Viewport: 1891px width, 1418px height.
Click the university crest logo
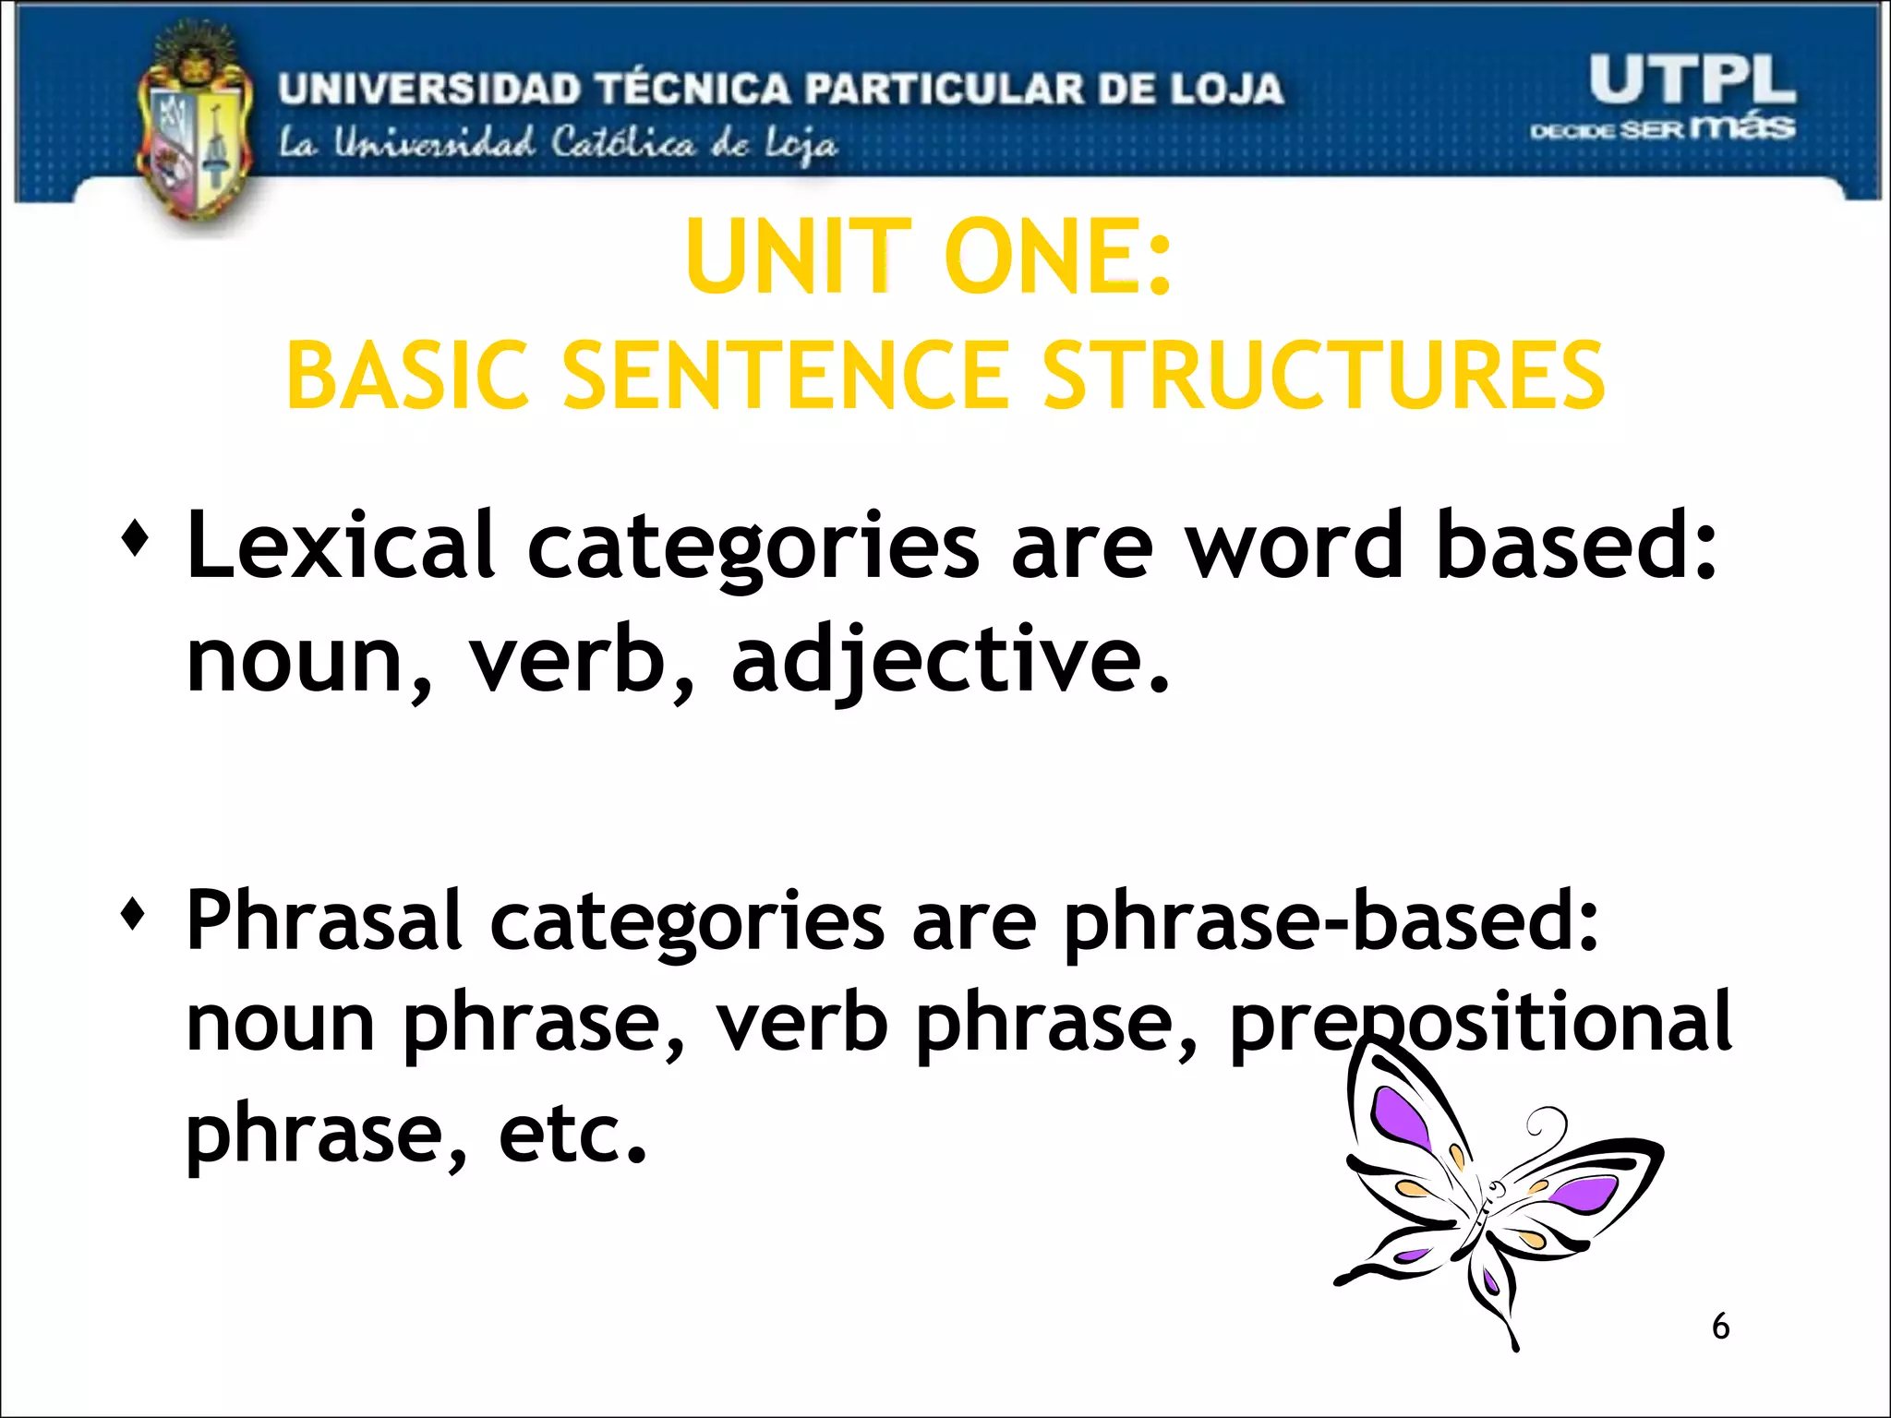click(x=194, y=129)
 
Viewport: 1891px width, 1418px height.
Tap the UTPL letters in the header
click(x=1692, y=80)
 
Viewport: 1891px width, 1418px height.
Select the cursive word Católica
click(x=623, y=145)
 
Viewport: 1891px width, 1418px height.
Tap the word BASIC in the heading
click(x=407, y=376)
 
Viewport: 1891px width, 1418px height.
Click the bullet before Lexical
click(x=135, y=539)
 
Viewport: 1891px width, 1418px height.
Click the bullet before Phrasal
click(x=135, y=915)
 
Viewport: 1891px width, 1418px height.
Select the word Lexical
click(x=340, y=547)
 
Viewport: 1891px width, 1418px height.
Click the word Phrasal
click(x=323, y=920)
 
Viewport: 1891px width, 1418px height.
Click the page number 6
click(x=1720, y=1327)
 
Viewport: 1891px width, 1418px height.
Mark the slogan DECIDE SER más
click(x=1662, y=128)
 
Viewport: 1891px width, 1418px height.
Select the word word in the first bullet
click(x=1295, y=547)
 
